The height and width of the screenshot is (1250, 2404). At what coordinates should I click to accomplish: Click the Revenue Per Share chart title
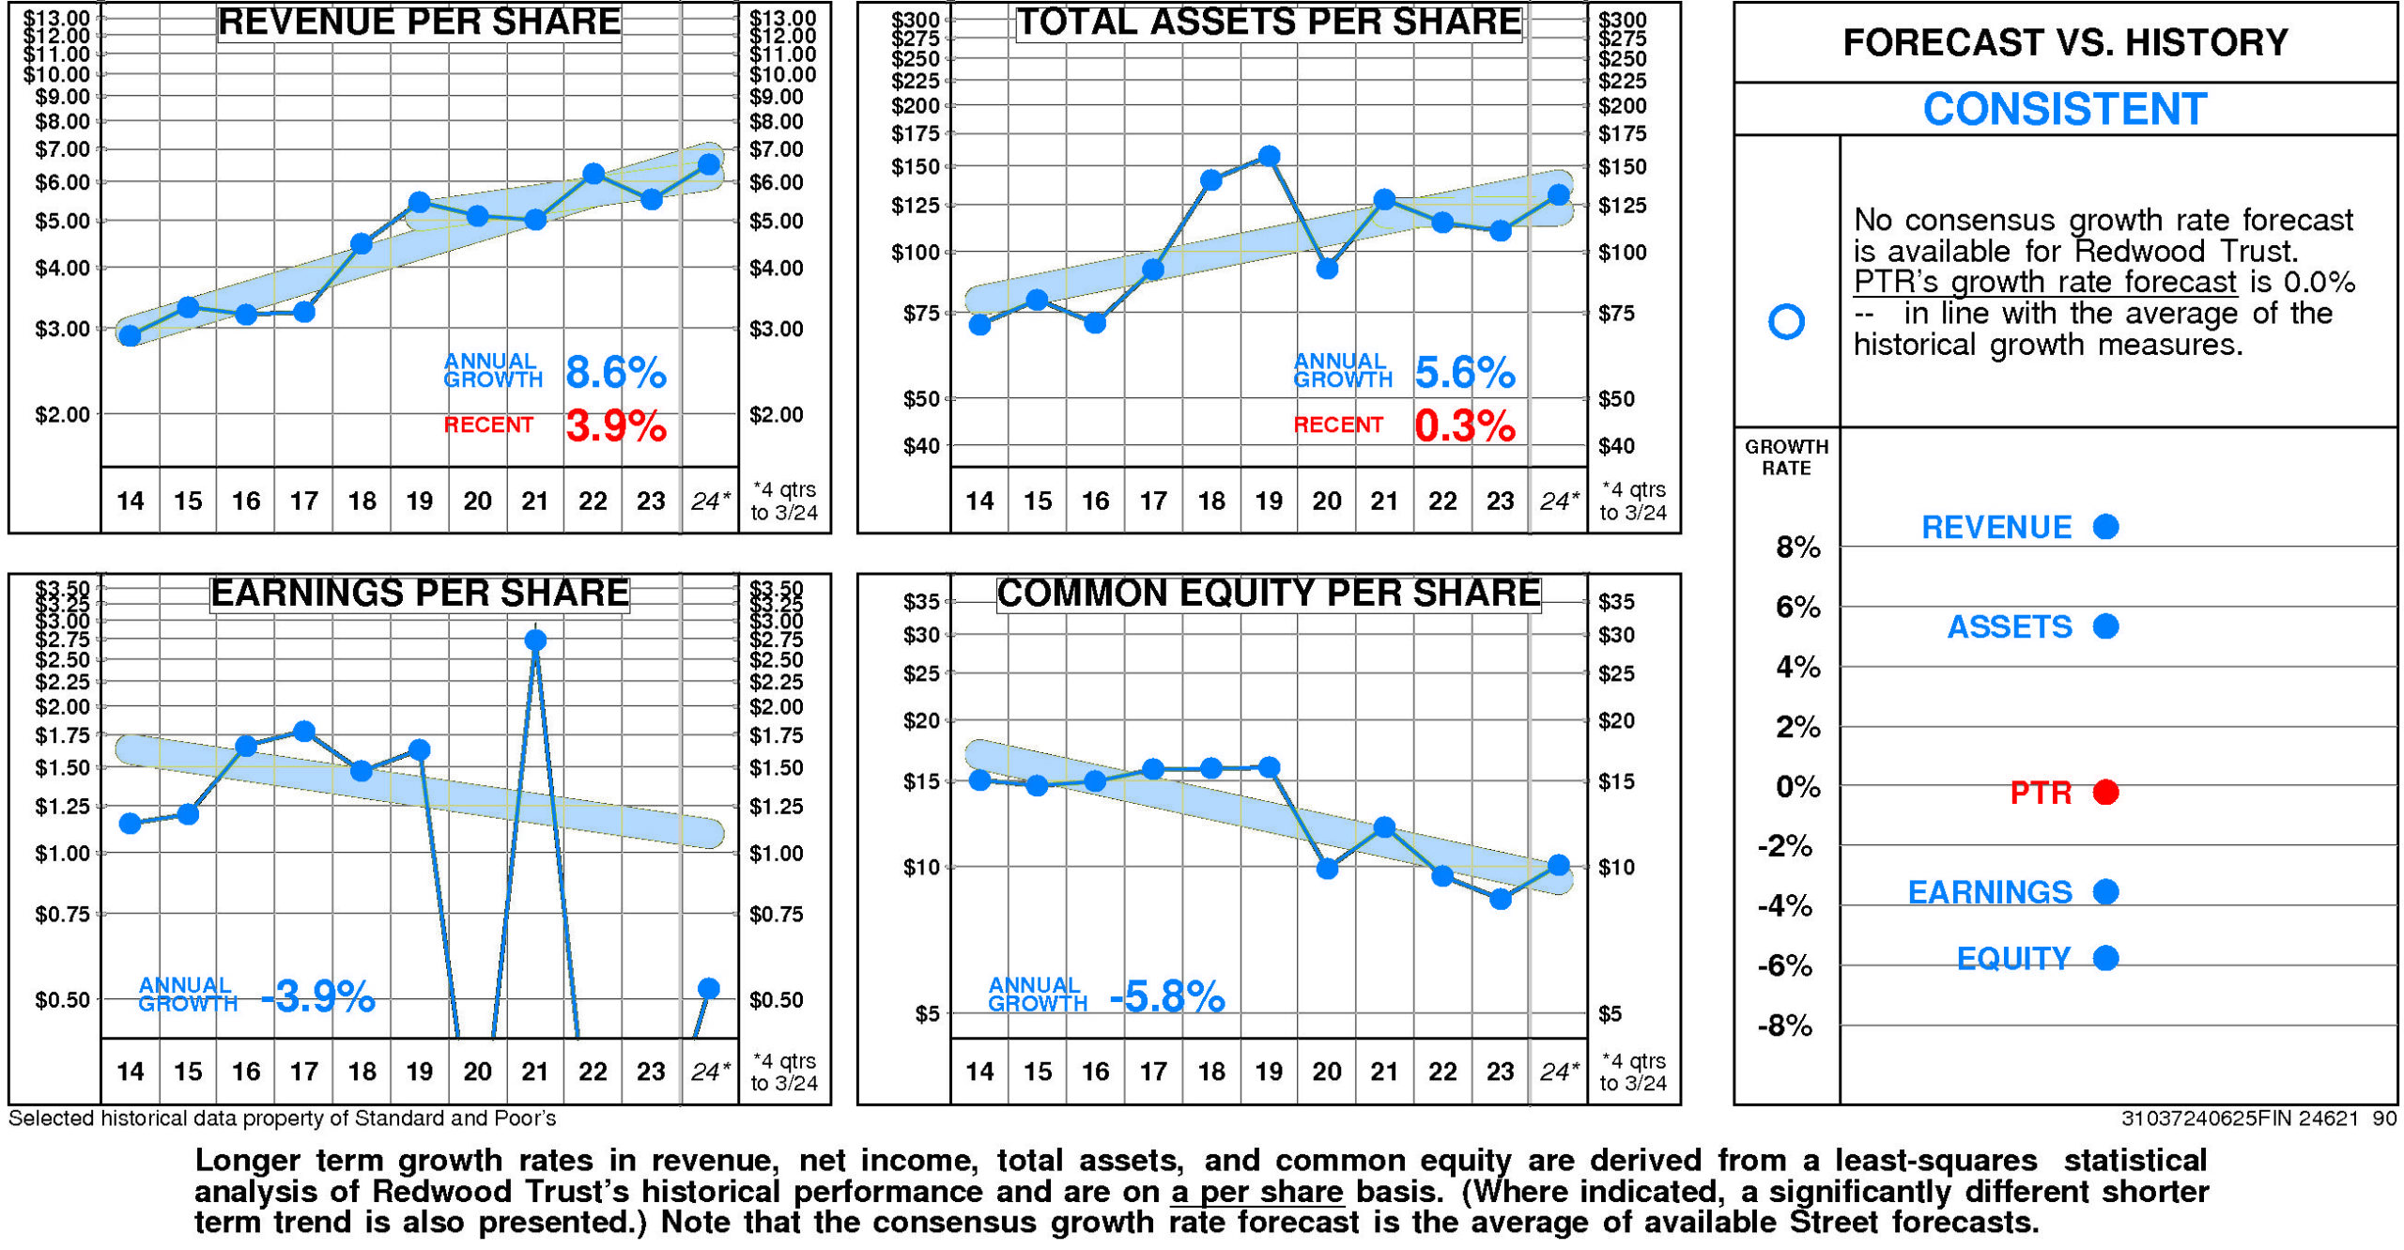419,23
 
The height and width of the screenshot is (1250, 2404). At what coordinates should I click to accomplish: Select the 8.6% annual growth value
615,373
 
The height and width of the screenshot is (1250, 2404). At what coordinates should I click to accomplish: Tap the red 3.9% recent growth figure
615,426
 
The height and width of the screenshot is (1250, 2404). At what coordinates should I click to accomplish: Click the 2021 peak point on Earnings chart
535,640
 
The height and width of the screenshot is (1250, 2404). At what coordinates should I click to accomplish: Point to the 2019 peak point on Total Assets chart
1269,156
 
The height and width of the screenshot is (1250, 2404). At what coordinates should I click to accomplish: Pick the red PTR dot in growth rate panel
2105,793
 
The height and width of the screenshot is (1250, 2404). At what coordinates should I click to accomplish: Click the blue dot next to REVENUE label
2105,527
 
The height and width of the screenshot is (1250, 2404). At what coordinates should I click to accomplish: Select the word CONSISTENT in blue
2064,109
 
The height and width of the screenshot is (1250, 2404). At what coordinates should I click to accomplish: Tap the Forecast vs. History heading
2064,43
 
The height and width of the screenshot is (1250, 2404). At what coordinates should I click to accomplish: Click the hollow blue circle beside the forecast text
1785,321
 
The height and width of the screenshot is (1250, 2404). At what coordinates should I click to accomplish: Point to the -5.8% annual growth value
1166,996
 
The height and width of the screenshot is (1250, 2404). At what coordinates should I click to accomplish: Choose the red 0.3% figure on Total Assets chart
1464,426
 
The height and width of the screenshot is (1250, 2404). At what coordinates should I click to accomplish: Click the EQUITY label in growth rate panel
2013,959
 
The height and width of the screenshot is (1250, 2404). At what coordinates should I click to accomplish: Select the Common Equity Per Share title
1268,594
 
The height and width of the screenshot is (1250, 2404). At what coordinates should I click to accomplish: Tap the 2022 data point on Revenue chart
593,174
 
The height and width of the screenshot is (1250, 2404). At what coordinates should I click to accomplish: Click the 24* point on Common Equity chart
1558,865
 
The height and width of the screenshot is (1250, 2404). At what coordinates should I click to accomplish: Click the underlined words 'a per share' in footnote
1257,1192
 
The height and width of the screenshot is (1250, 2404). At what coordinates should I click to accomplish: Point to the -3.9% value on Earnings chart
317,996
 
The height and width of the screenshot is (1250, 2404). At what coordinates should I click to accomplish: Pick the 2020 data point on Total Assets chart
1327,269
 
